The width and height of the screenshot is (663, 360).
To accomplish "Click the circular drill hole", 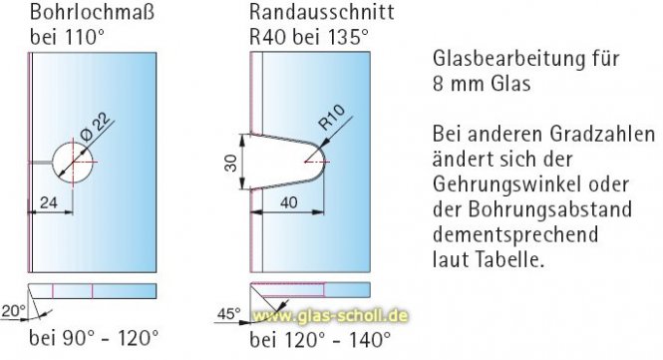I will point(73,161).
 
